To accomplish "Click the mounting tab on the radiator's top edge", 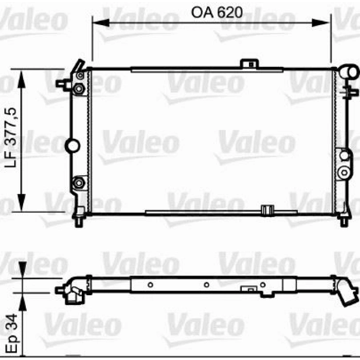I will tap(249, 63).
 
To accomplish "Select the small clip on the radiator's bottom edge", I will tap(266, 210).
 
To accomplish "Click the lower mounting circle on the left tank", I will tap(79, 182).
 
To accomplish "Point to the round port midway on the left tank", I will tap(73, 146).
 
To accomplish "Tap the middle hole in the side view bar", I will tap(205, 284).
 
